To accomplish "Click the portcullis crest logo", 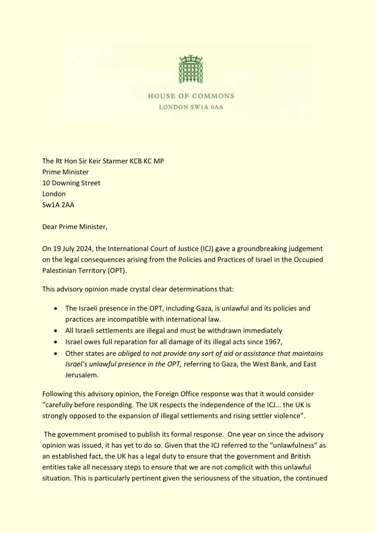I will coord(191,69).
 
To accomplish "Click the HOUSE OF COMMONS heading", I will coord(191,96).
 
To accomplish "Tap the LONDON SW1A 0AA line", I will coord(191,107).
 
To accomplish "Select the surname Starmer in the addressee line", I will coord(116,161).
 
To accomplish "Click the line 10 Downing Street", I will coord(71,183).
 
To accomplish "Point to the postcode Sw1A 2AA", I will coord(58,205).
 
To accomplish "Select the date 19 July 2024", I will coord(70,249).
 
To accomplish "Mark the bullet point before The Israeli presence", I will coord(55,309).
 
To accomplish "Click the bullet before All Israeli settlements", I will coord(55,331).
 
